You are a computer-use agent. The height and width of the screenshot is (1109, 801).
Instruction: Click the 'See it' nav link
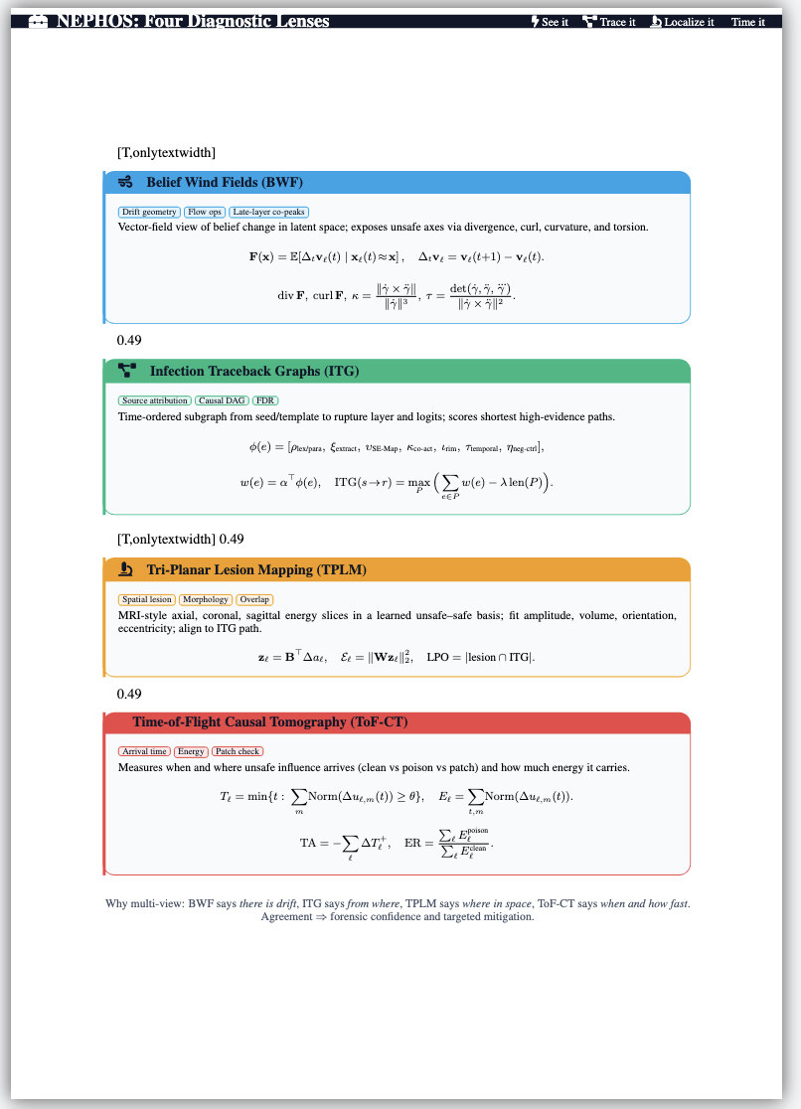[551, 22]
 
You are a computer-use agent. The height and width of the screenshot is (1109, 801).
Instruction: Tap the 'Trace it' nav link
[609, 22]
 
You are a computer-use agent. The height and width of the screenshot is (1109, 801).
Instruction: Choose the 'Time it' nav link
[748, 22]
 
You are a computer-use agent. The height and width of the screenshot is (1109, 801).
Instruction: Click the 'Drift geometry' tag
[149, 212]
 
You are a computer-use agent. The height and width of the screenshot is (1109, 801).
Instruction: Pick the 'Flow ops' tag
[205, 212]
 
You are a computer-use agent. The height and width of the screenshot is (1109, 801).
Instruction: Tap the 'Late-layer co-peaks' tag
[269, 212]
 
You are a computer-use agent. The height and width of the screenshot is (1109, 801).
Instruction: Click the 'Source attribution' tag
[154, 400]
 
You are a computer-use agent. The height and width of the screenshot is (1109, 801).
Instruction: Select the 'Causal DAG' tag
[222, 400]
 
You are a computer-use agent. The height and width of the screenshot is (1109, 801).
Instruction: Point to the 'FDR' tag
[265, 400]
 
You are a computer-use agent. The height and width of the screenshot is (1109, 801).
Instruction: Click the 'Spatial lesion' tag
[147, 599]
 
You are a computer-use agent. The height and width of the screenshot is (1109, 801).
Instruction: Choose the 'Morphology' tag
[206, 599]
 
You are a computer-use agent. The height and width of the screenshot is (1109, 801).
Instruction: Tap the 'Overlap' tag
[254, 599]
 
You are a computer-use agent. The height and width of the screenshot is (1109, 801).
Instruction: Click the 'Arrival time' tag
[144, 751]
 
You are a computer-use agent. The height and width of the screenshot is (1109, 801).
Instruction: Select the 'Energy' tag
[191, 751]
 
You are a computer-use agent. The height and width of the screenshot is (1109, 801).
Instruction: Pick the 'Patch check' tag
[237, 751]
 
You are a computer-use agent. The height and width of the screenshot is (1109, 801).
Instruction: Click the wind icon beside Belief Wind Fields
[126, 182]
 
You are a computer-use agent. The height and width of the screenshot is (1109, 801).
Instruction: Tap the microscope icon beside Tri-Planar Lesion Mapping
[126, 569]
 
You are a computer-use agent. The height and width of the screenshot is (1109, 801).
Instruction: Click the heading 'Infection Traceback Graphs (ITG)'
[254, 371]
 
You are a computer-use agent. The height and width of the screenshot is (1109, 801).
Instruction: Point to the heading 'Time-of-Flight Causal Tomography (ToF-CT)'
[270, 721]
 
